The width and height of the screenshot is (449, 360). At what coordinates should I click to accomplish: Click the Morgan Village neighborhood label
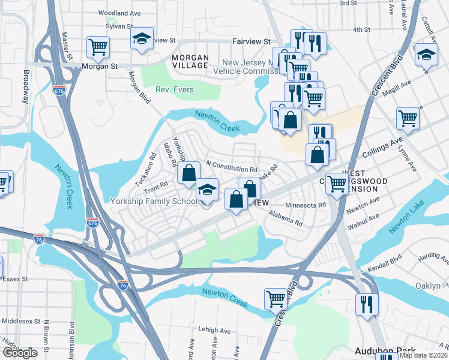(190, 61)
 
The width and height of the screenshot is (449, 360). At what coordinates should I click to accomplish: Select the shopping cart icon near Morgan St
(97, 46)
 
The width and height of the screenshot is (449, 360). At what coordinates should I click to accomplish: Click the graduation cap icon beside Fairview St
(142, 38)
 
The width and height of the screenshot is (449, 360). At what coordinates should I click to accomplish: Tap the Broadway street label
(26, 87)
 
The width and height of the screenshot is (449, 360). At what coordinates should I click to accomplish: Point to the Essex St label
(16, 279)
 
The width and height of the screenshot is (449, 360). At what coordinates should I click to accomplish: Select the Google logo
(20, 353)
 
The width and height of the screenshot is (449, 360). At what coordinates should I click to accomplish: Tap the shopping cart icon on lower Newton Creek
(276, 298)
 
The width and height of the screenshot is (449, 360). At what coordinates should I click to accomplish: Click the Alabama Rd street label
(286, 220)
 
